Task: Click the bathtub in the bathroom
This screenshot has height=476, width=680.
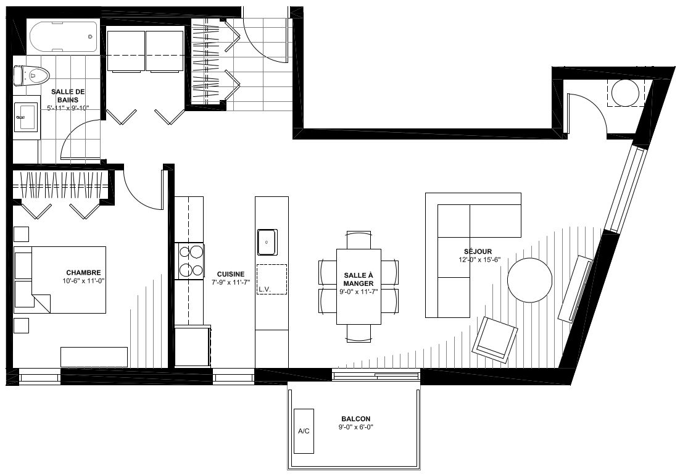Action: (64, 37)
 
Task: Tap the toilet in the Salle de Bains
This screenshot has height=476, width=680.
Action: (31, 75)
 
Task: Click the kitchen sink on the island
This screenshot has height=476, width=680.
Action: (267, 242)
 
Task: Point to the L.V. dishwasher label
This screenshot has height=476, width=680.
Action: (265, 289)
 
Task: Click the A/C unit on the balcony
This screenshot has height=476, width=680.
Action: (304, 431)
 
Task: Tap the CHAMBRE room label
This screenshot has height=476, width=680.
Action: (84, 272)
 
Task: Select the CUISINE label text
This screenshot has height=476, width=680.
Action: (231, 274)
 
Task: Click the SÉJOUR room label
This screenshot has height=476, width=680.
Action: (478, 252)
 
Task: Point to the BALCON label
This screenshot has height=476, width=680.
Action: (356, 419)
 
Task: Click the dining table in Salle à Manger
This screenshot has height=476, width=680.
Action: (359, 286)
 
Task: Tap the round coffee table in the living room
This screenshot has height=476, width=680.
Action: (529, 280)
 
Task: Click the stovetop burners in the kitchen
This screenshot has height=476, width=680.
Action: (191, 261)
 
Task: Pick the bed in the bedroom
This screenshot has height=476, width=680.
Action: (60, 280)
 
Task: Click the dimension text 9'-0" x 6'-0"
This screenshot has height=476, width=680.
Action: (356, 427)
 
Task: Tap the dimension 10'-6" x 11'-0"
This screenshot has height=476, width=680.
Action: (84, 281)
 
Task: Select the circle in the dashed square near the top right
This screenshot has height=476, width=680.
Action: (625, 93)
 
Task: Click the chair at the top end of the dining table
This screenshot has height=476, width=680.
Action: (359, 240)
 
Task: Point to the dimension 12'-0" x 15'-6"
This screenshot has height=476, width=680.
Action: (479, 260)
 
